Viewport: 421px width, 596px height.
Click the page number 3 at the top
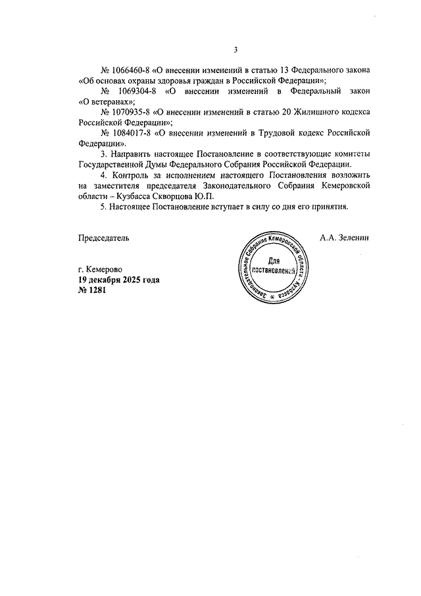(x=235, y=49)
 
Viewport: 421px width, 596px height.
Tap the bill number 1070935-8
(x=131, y=112)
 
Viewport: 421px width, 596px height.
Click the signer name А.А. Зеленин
(x=345, y=236)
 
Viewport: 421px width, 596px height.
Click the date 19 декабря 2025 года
(x=118, y=279)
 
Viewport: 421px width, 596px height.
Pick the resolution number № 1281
(x=91, y=290)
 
